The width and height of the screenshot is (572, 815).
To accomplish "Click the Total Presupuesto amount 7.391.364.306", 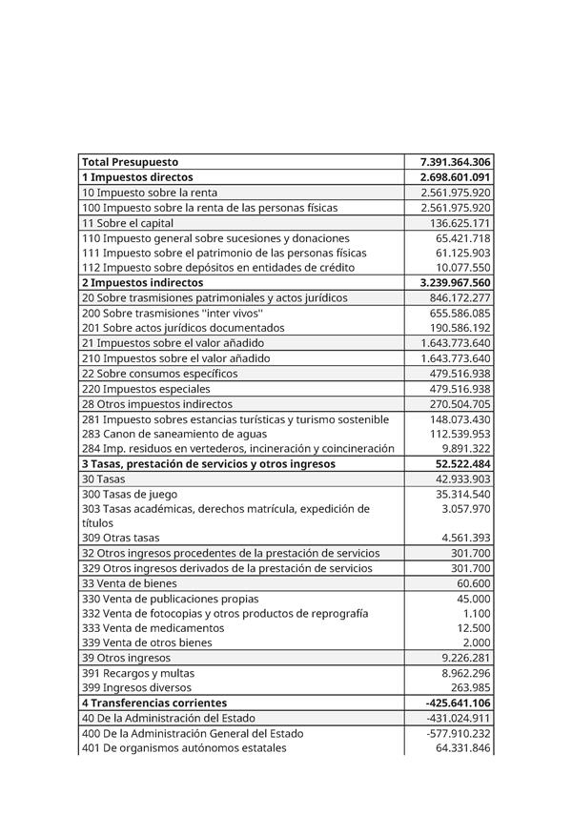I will click(x=455, y=162).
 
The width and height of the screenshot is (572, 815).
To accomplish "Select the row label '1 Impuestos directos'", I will click(x=137, y=177).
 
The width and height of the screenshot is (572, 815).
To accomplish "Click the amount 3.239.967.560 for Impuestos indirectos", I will click(x=455, y=283).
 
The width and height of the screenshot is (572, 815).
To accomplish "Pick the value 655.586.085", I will click(x=460, y=313).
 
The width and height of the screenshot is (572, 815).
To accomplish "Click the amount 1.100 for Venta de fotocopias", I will click(x=477, y=614).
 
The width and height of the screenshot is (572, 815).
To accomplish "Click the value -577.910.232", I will click(x=459, y=733).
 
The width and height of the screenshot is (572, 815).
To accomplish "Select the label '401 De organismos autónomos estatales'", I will click(x=184, y=748).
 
